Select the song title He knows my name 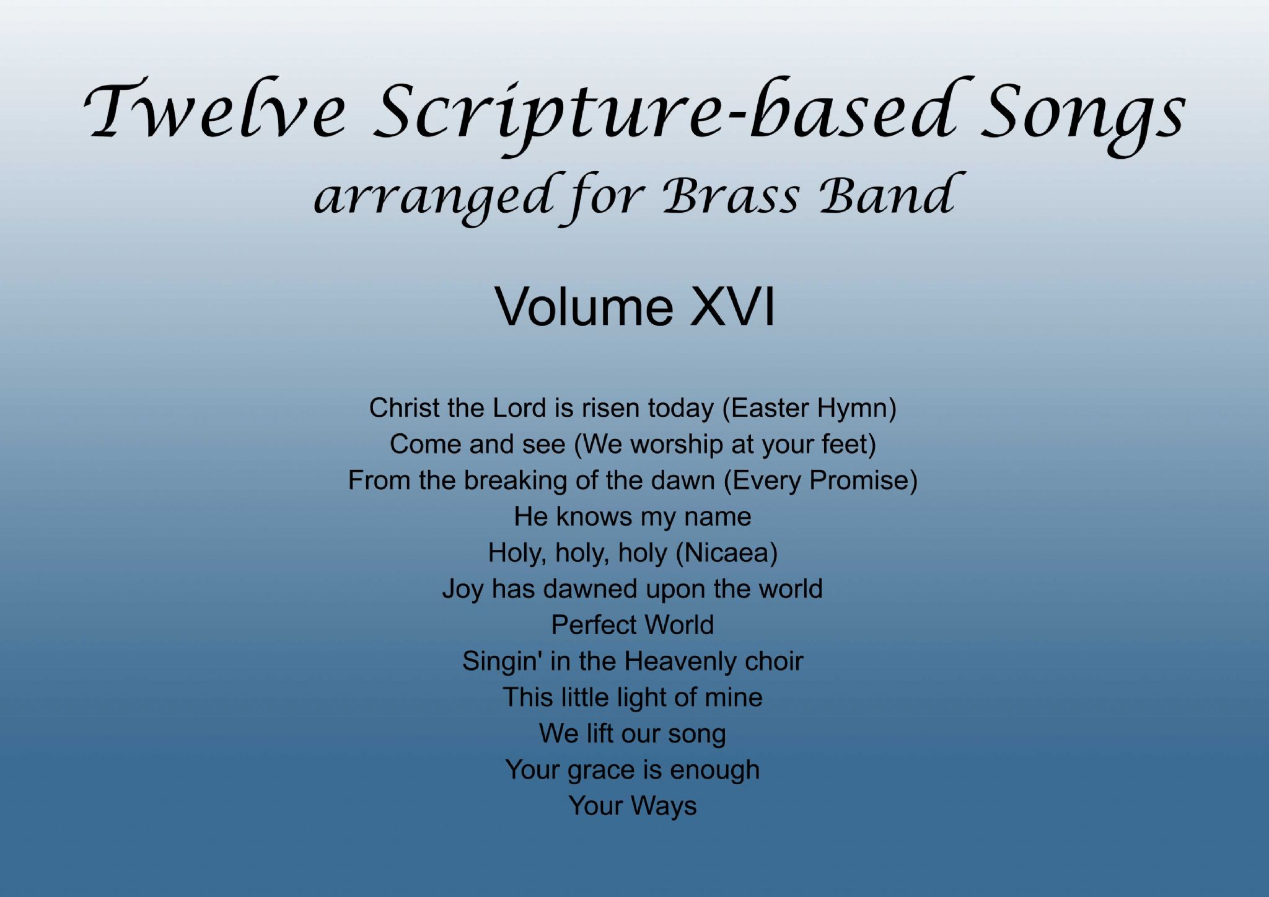(632, 516)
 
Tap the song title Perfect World (632, 624)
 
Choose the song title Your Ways (632, 806)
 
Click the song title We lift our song (632, 733)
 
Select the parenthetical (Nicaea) (726, 553)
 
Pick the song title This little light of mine (632, 697)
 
